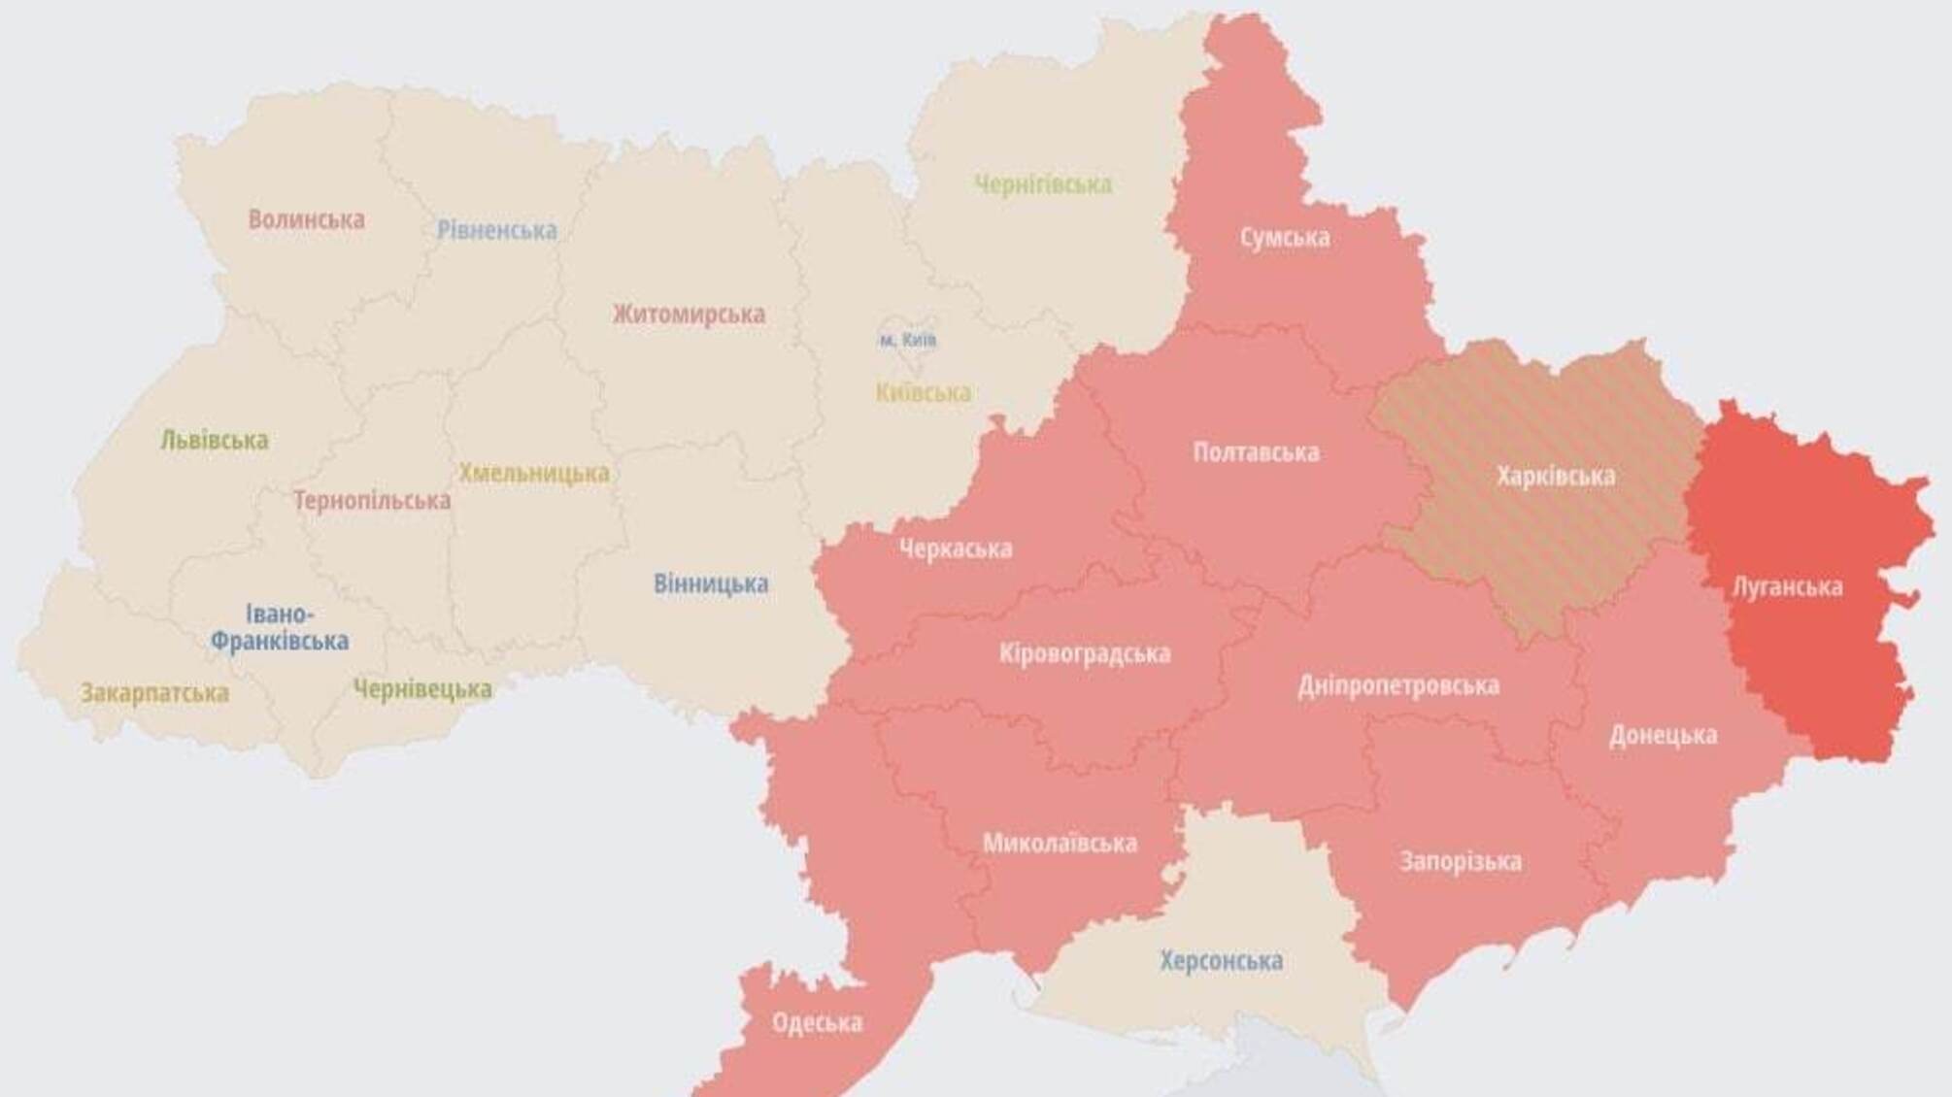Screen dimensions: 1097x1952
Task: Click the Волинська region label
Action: (x=306, y=219)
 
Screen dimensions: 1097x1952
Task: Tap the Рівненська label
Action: (x=496, y=230)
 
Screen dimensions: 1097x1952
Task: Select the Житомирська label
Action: (x=689, y=315)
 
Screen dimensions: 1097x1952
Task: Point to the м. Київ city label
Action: (x=907, y=341)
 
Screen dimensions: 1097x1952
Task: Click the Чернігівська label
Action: (x=1042, y=184)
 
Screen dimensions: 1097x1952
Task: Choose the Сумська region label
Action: (x=1284, y=238)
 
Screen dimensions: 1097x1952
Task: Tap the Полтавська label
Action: (x=1256, y=452)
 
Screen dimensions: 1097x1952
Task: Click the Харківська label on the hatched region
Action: (x=1555, y=477)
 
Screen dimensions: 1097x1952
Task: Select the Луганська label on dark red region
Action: (x=1787, y=587)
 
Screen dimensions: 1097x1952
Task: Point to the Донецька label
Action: (x=1663, y=736)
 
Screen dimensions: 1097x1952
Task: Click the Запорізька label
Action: (x=1460, y=862)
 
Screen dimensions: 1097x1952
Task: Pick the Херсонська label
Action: (x=1221, y=961)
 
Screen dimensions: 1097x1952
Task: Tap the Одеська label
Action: (x=817, y=1023)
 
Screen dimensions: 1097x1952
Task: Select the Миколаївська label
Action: (x=1059, y=844)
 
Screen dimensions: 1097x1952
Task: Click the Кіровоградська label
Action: (x=1084, y=654)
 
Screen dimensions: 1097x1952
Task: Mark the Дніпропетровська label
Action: (x=1397, y=686)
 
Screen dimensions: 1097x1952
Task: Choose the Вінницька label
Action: (x=710, y=584)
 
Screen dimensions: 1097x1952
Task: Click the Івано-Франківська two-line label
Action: (x=280, y=628)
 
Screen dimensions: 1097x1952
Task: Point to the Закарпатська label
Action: (x=154, y=694)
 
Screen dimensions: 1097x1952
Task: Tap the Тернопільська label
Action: (x=372, y=502)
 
